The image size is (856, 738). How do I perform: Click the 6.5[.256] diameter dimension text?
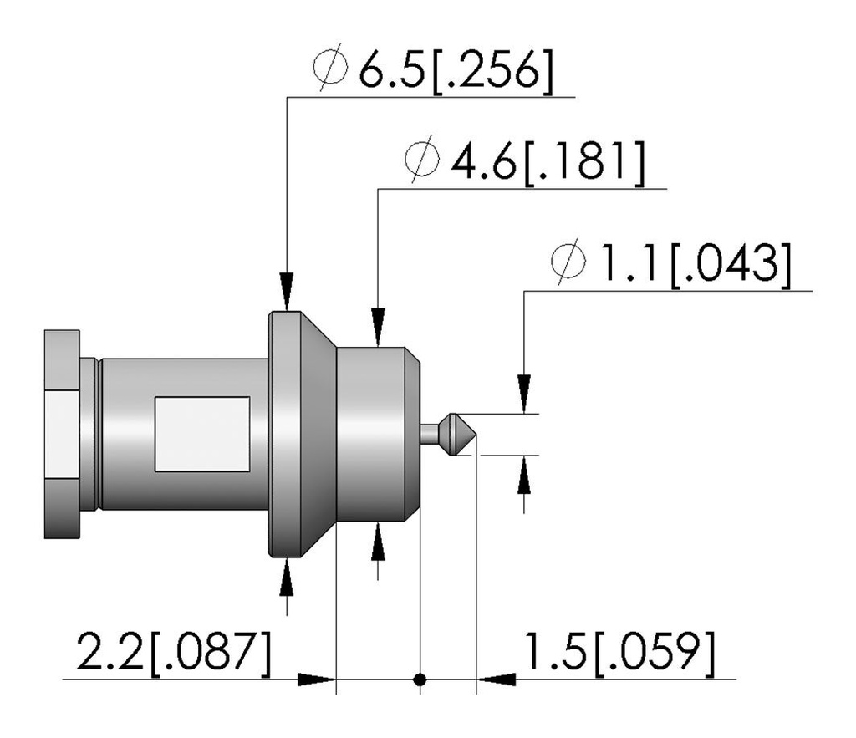tap(456, 70)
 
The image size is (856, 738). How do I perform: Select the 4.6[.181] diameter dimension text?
tap(548, 161)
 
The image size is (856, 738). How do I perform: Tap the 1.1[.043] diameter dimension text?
tap(693, 263)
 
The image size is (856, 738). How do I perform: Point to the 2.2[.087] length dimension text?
tap(174, 652)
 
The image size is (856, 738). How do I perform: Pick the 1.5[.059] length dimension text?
tap(619, 652)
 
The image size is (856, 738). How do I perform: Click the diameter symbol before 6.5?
tap(330, 68)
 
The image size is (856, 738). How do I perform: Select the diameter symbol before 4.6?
tap(422, 159)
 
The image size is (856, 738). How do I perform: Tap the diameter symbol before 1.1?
tap(568, 261)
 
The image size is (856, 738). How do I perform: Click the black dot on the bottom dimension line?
tap(420, 679)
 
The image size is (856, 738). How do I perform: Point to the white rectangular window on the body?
tap(202, 434)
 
